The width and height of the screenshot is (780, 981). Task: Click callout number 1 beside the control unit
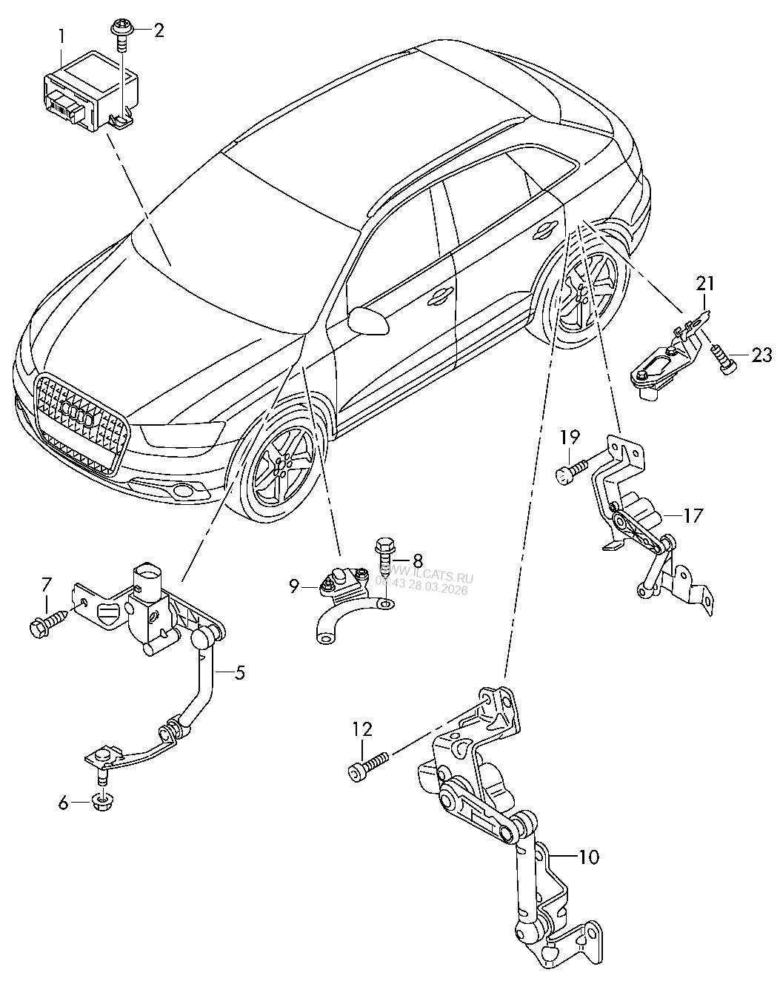(62, 35)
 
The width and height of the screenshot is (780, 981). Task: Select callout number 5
(240, 673)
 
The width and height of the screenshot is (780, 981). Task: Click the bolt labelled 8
(385, 555)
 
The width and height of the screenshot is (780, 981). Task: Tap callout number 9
(294, 586)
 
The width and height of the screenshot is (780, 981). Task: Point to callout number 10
(589, 857)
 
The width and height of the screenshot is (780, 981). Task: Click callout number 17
(692, 515)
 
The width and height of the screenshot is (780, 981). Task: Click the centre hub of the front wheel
(279, 468)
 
